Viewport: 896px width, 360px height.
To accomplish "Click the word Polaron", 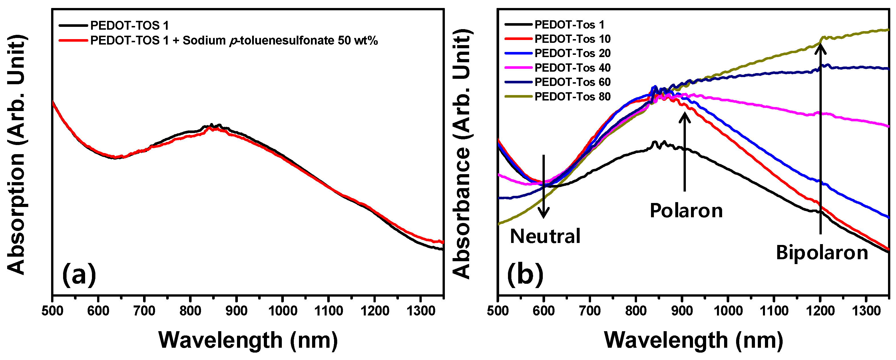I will click(x=686, y=211).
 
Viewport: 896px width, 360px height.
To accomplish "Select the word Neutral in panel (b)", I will click(x=545, y=236).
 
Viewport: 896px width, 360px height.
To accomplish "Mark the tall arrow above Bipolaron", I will click(x=821, y=139).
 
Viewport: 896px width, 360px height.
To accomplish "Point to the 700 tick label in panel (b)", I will click(x=590, y=311).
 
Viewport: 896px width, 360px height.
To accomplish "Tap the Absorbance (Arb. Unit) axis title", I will click(x=462, y=153).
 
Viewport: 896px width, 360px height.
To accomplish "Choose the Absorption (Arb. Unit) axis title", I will click(x=16, y=155).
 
